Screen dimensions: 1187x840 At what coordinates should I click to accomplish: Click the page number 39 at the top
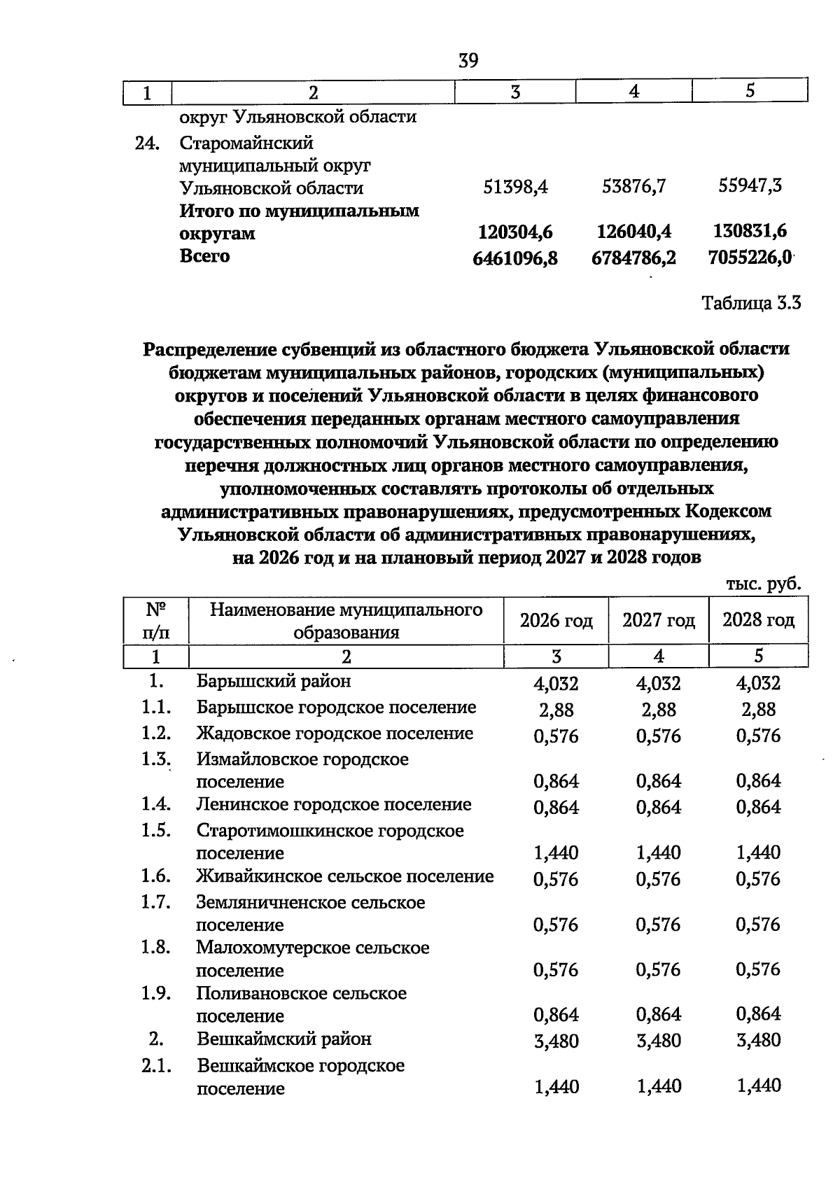[468, 61]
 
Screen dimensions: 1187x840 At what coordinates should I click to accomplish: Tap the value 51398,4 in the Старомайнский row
[516, 188]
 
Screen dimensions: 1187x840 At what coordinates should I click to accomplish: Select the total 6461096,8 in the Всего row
[516, 258]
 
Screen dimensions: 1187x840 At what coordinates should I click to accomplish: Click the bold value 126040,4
[634, 232]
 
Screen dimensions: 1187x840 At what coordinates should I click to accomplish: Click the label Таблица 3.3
[751, 303]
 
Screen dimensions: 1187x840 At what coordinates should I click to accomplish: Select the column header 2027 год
[659, 620]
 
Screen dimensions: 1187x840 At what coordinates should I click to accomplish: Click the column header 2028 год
[758, 619]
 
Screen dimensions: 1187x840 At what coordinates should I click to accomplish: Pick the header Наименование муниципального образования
[346, 621]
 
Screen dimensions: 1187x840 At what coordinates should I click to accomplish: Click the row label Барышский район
[274, 681]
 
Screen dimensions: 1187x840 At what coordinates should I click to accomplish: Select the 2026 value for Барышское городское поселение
[556, 710]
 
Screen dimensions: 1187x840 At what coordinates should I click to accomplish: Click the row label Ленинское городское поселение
[334, 805]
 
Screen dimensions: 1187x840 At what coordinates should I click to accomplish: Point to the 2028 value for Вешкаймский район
[758, 1040]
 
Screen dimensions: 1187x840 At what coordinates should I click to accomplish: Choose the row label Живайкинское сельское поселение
[345, 876]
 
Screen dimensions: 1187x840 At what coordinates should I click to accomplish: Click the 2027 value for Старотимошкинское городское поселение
[659, 852]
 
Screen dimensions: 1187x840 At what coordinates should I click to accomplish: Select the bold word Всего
[204, 256]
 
